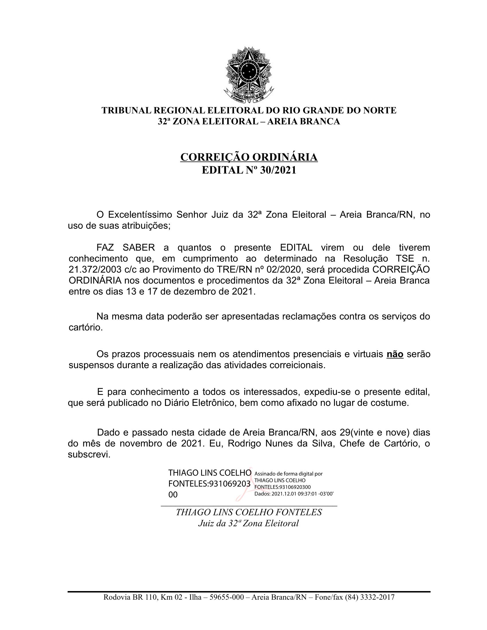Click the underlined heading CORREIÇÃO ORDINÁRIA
pos(249,157)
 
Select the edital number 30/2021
pos(278,170)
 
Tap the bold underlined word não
pos(395,354)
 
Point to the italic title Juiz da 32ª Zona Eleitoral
pos(248,523)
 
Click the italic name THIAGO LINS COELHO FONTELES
pos(249,512)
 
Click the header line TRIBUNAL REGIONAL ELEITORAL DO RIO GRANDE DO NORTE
pos(249,111)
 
